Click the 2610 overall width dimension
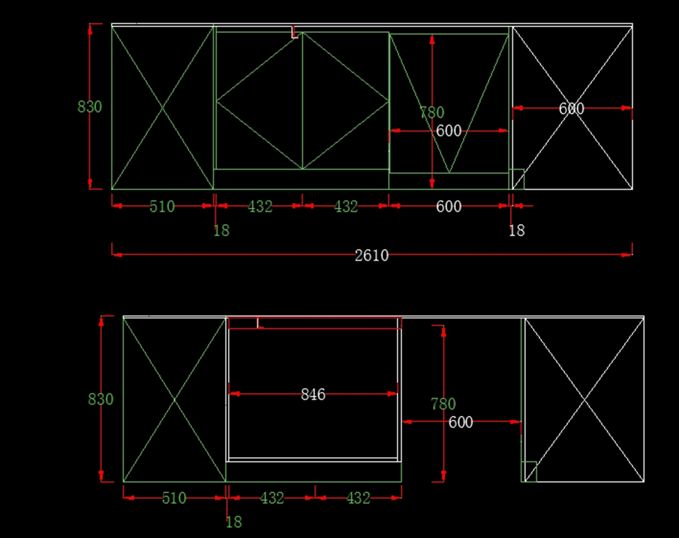point(372,256)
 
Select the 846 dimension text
point(313,394)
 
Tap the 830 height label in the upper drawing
point(89,107)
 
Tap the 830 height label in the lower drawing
point(101,399)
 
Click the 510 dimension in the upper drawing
point(162,207)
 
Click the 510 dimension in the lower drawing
point(174,498)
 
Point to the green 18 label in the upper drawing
point(221,231)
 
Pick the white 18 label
point(517,231)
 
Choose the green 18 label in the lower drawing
point(233,522)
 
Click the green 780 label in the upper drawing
point(432,113)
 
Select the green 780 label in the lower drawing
point(443,404)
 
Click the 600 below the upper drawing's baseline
point(449,207)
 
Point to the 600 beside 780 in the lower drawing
point(461,423)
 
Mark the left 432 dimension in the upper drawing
point(260,207)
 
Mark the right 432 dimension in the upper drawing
point(346,207)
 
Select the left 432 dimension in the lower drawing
point(272,498)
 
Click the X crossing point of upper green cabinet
point(162,107)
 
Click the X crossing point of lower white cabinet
point(585,400)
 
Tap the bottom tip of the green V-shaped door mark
point(449,173)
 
